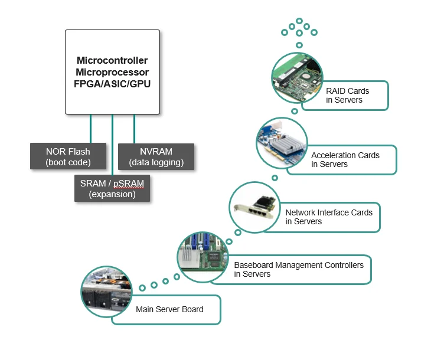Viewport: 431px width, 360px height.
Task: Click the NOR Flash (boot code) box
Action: [x=68, y=156]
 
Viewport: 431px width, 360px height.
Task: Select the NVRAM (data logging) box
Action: [x=156, y=156]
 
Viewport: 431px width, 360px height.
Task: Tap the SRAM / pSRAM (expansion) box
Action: [x=112, y=188]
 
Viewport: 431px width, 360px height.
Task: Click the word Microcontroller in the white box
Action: [x=112, y=60]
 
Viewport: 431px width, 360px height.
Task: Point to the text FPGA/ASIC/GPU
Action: [x=112, y=84]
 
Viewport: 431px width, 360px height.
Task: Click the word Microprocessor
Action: [x=112, y=72]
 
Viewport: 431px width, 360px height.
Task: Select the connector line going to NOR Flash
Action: [x=90, y=129]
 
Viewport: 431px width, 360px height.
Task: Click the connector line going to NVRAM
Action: [x=134, y=129]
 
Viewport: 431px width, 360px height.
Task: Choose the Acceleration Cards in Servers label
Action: [x=345, y=160]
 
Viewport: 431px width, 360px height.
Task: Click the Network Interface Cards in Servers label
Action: [x=329, y=217]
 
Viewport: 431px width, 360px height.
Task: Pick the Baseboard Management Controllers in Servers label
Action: [x=299, y=269]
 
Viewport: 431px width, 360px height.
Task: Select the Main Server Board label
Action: [x=169, y=309]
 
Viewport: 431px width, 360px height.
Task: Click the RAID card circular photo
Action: [x=297, y=78]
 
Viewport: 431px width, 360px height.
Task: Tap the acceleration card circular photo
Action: [x=282, y=143]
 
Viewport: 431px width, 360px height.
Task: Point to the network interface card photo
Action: [x=255, y=208]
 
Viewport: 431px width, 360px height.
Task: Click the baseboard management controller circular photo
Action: [x=203, y=257]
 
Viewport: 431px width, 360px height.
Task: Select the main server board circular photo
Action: [x=107, y=292]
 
